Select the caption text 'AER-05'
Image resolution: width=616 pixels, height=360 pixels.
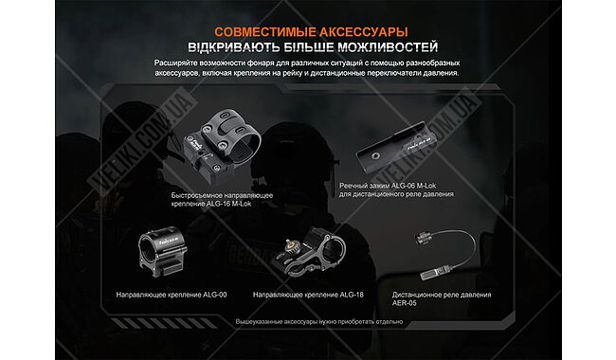pyautogui.click(x=407, y=303)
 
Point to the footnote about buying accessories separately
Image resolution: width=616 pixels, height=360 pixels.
pyautogui.click(x=307, y=322)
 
